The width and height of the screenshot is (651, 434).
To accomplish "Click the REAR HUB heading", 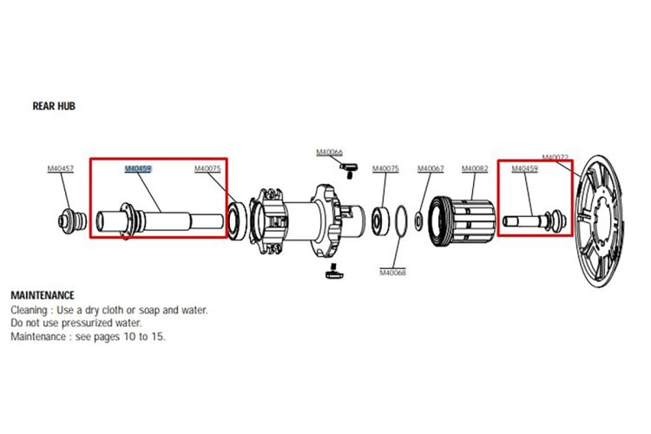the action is click(x=54, y=106).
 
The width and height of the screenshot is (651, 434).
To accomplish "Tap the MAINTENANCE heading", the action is click(x=43, y=295).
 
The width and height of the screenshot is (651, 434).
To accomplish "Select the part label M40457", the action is click(x=60, y=168).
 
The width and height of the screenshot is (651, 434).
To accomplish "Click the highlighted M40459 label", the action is click(x=138, y=168).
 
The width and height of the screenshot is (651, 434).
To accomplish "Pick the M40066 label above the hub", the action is click(x=329, y=153).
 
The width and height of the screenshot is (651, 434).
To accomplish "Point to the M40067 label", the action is click(x=431, y=168).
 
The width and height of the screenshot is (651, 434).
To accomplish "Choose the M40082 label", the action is click(x=475, y=168).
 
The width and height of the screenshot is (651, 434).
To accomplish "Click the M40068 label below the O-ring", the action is click(x=392, y=273).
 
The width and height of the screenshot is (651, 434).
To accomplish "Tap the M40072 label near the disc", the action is click(x=556, y=157).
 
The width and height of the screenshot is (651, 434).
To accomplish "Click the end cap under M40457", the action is click(x=72, y=220).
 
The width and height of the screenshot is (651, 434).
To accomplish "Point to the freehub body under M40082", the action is click(x=462, y=222).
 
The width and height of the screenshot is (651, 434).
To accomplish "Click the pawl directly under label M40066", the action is click(x=348, y=170).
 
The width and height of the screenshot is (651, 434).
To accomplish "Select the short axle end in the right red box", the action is click(x=535, y=220).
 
